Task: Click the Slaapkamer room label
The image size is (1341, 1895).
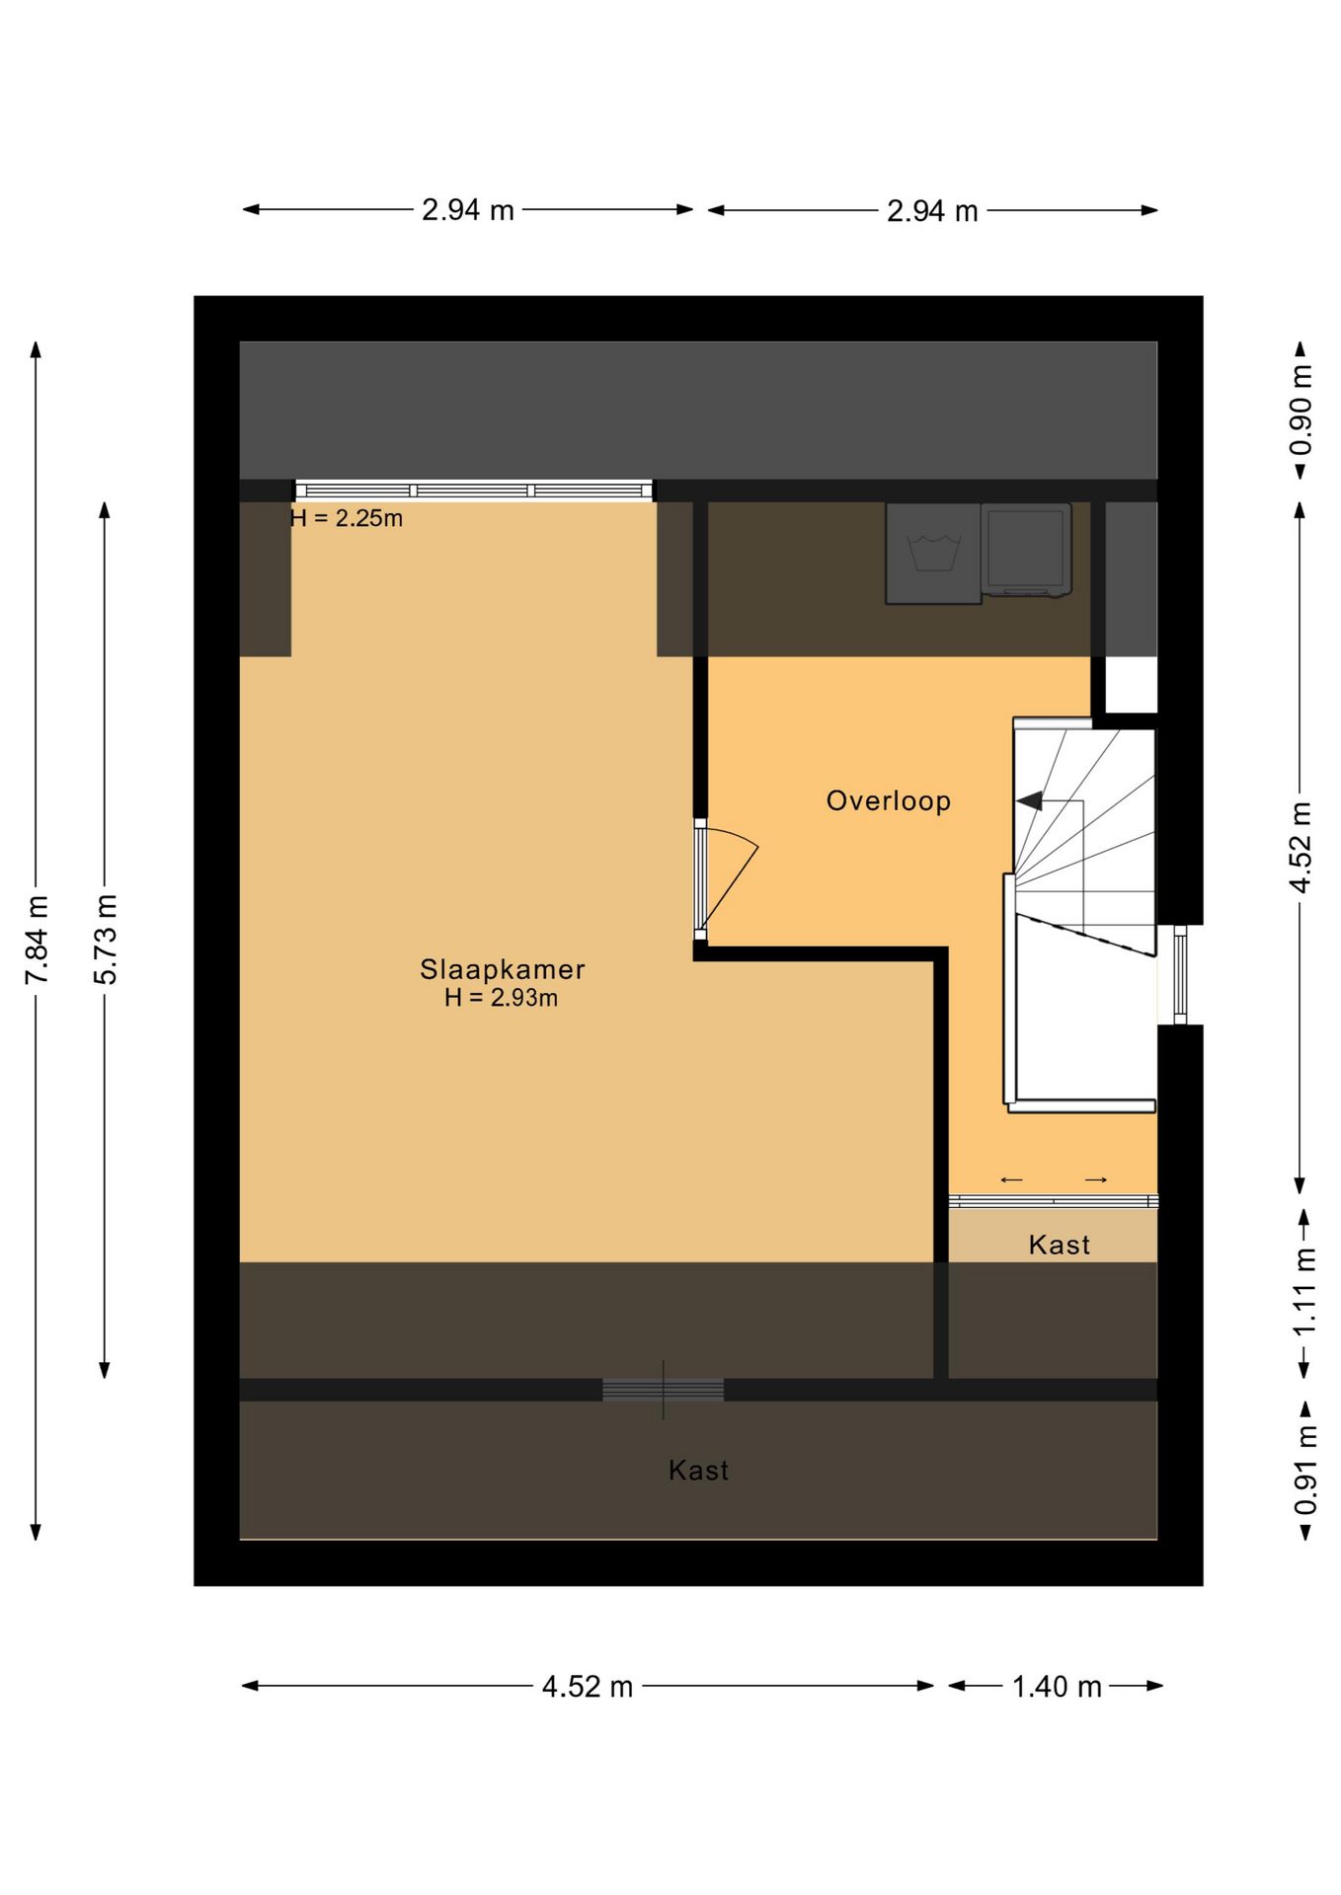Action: point(502,969)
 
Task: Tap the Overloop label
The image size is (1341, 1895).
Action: point(888,800)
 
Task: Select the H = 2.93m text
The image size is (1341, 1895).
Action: point(502,998)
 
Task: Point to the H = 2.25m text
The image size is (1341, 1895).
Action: point(347,518)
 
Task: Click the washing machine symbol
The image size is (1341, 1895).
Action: point(933,553)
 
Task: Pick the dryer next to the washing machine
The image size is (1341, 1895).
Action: point(1026,550)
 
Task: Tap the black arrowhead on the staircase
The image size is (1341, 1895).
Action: point(1030,800)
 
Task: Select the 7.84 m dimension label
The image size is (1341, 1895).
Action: point(37,940)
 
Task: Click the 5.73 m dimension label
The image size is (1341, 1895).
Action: point(106,940)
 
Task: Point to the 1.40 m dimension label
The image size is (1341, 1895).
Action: point(1057,1687)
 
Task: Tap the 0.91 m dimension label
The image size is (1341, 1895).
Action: point(1305,1471)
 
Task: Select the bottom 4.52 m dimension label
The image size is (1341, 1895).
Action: point(588,1687)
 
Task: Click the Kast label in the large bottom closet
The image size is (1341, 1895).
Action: point(698,1471)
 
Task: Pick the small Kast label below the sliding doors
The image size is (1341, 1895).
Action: point(1059,1245)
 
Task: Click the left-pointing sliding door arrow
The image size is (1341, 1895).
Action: point(1011,1179)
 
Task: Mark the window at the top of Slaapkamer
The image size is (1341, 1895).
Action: point(474,491)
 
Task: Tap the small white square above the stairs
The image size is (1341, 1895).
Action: point(1130,684)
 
